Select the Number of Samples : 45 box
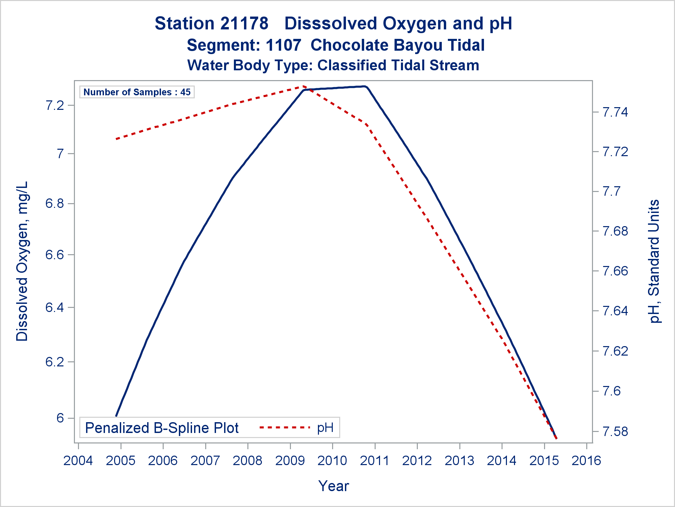137,92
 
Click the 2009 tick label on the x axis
290,461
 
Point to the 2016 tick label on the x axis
586,461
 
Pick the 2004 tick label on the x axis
78,461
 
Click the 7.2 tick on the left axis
55,105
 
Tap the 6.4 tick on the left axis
55,308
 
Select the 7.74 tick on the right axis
615,112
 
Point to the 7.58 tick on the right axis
615,432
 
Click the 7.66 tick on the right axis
615,271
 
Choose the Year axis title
333,486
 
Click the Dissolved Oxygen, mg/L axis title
22,261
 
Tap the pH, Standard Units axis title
654,261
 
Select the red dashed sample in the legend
285,428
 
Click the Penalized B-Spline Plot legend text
162,428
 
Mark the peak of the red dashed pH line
304,87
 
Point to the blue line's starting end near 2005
116,415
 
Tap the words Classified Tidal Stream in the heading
398,66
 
